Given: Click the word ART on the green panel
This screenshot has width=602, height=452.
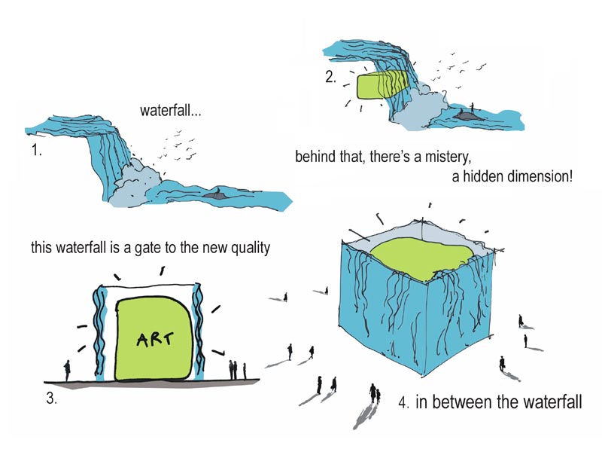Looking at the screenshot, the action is click(155, 339).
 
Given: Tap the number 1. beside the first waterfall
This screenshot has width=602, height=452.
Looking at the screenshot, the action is click(36, 151).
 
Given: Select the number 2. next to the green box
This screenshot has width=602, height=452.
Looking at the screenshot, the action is click(330, 77).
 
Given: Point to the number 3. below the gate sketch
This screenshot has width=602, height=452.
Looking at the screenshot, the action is click(51, 399).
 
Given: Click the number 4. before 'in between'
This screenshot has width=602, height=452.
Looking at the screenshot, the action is click(403, 403).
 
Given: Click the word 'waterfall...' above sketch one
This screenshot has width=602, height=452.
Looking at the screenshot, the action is click(171, 111).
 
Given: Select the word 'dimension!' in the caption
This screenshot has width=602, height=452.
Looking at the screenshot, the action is click(540, 176).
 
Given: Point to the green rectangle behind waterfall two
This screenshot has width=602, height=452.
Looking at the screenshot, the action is click(381, 85).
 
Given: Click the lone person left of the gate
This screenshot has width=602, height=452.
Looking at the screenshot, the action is click(67, 371).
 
